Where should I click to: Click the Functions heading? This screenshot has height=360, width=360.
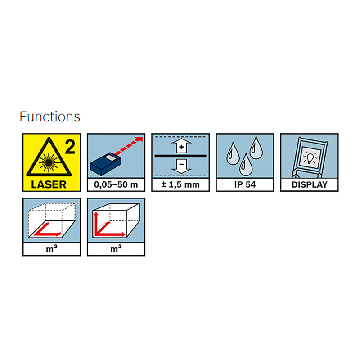[50, 117]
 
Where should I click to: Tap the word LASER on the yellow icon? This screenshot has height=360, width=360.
[49, 184]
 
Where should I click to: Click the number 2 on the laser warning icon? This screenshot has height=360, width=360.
[70, 147]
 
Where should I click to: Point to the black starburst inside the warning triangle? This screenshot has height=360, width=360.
[49, 163]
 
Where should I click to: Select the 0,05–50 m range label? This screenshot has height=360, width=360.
[116, 184]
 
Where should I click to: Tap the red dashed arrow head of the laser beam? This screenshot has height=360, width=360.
[139, 139]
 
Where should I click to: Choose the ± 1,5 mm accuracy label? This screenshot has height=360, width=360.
[180, 184]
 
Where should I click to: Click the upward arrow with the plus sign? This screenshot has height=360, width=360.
[181, 145]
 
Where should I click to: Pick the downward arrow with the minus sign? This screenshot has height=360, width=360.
[181, 166]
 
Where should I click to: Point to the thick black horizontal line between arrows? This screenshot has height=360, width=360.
[180, 156]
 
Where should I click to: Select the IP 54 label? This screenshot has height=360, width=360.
[245, 184]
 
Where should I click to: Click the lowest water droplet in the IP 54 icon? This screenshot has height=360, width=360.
[246, 165]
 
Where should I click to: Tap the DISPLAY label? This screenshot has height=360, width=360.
[310, 184]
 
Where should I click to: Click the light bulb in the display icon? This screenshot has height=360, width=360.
[310, 158]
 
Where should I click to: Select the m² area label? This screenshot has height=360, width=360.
[52, 249]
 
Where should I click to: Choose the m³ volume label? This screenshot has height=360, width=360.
[116, 249]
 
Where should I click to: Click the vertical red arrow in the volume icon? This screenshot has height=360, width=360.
[96, 223]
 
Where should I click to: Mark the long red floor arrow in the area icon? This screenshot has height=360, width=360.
[48, 234]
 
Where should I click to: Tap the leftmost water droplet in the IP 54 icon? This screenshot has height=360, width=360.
[233, 154]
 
